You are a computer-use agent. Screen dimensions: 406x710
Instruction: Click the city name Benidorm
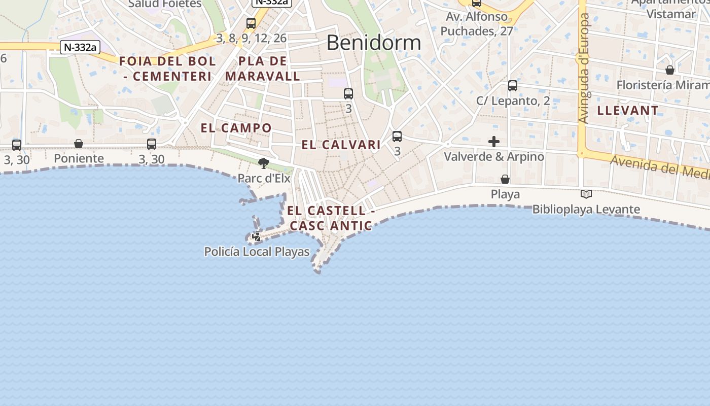374,43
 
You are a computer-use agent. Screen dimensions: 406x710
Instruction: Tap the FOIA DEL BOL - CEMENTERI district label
167,69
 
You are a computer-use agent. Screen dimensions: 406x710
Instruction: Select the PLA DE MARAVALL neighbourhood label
263,69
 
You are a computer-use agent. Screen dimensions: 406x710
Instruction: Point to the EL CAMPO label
236,128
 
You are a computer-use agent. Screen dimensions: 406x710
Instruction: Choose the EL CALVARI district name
341,145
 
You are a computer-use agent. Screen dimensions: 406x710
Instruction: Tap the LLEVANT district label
628,110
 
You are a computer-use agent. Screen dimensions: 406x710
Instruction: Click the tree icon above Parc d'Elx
263,163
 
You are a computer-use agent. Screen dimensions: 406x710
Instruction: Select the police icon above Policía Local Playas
257,236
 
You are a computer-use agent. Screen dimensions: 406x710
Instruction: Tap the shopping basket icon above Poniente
79,144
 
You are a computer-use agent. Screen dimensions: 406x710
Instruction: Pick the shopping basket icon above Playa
505,179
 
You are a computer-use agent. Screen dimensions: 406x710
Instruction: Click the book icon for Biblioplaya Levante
586,194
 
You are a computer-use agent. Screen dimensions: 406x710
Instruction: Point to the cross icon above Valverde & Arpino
494,142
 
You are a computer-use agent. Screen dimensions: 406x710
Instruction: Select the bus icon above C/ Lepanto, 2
513,86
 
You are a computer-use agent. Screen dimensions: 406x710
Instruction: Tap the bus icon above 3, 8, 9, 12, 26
251,23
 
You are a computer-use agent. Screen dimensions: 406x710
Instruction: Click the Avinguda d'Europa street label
585,69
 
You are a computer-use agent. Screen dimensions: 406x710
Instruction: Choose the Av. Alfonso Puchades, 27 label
476,24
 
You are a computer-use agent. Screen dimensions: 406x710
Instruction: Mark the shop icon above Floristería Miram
670,70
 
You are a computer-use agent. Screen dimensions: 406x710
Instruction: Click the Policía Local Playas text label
257,252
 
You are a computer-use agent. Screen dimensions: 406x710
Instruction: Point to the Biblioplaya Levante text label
586,209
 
